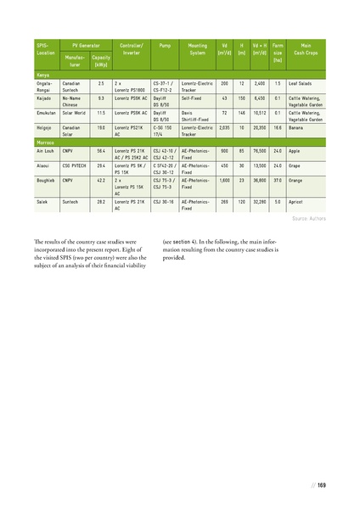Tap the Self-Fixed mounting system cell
point(194,98)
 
